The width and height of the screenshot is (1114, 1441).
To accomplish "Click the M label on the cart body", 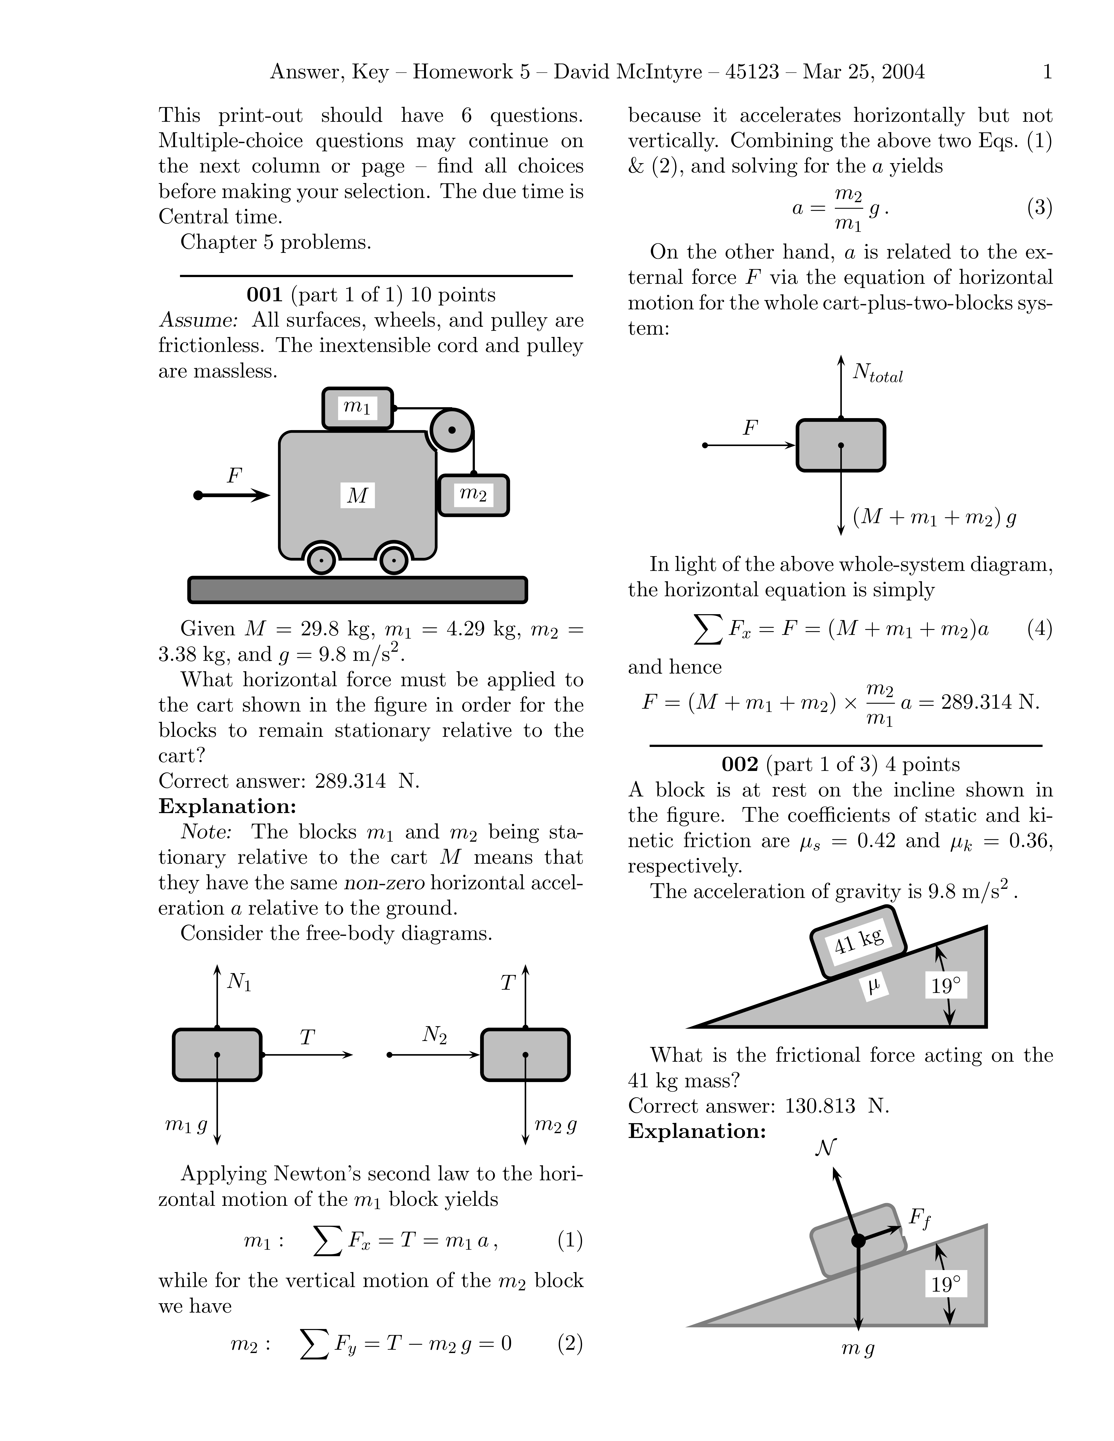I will point(357,495).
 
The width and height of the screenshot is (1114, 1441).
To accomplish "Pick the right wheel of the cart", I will point(394,561).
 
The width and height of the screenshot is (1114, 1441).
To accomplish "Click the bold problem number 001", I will point(265,295).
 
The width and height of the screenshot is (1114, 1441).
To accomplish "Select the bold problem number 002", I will point(740,765).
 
